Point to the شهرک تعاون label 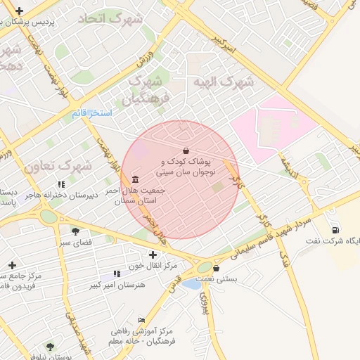click(58, 167)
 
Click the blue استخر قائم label click(92, 112)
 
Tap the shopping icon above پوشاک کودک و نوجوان click(186, 150)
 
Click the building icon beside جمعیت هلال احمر click(134, 179)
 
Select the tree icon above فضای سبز click(75, 231)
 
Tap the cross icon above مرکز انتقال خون click(153, 255)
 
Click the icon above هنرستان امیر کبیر click(116, 274)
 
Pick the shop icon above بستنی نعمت click(215, 268)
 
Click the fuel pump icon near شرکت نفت click(335, 229)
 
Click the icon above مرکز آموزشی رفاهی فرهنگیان click(141, 319)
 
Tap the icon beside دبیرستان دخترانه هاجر click(61, 184)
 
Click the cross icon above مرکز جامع click(12, 265)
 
